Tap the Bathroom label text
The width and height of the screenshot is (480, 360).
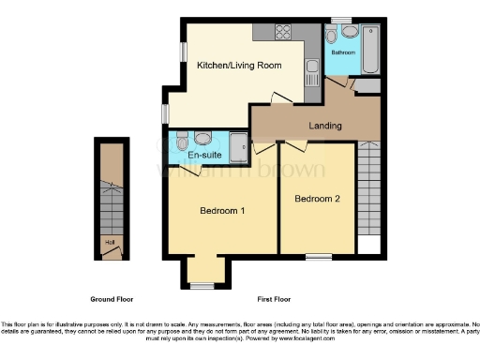coord(342,53)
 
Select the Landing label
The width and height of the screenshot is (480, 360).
coord(324,125)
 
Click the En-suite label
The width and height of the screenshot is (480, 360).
coord(204,154)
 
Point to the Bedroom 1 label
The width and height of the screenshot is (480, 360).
coord(222,211)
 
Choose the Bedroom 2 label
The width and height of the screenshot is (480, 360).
coord(317,199)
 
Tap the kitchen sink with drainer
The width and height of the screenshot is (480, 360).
coord(311,66)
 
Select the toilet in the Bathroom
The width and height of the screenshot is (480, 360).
coord(332,37)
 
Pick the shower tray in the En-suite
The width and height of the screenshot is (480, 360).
coord(238,145)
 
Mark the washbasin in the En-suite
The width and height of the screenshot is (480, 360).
coord(206,137)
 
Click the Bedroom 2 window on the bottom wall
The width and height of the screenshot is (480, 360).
coord(317,256)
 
